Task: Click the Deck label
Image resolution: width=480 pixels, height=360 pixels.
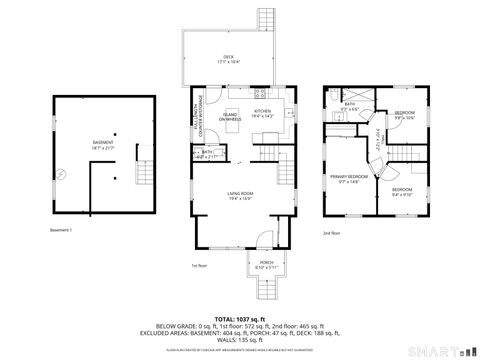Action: point(229,58)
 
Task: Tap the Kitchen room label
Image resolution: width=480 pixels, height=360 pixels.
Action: point(263,113)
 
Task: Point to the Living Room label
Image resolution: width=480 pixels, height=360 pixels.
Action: point(239,195)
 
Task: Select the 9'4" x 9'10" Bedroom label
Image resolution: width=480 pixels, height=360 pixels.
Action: point(402,191)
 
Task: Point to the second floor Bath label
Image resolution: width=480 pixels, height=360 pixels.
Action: point(350,106)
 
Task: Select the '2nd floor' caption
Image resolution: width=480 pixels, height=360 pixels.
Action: point(331,233)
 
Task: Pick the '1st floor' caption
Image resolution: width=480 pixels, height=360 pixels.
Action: point(198,266)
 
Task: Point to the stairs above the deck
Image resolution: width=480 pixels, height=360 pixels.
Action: point(267,19)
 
